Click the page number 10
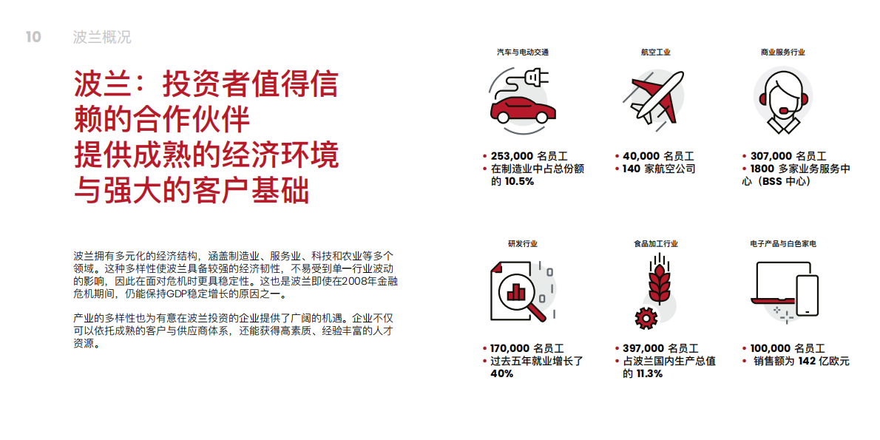click(x=33, y=37)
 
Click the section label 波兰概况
click(x=102, y=37)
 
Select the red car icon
click(x=523, y=109)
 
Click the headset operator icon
click(x=782, y=97)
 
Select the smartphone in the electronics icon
click(x=807, y=295)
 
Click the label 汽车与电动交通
click(x=522, y=53)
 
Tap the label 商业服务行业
click(x=782, y=53)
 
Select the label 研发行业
click(x=522, y=243)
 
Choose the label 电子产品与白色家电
click(x=782, y=243)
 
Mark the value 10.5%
click(x=519, y=181)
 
